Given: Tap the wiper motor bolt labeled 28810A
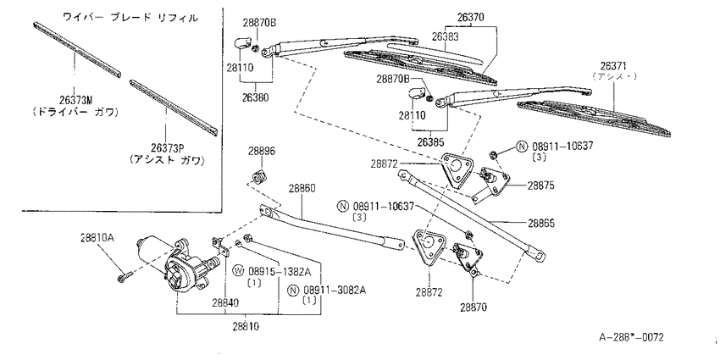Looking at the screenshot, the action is (125, 277).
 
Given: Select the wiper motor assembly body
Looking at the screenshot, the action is (178, 263).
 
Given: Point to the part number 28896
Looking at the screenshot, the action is (263, 152).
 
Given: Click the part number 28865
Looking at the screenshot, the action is (541, 223).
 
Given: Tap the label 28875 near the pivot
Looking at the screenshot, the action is (541, 186).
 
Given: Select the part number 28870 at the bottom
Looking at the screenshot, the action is (474, 307).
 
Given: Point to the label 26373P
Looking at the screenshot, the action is (167, 147).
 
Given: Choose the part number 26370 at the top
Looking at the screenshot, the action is (471, 18).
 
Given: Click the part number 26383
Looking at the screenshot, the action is (445, 36).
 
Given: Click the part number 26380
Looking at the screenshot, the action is (254, 97).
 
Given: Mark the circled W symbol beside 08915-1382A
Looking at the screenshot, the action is (237, 271).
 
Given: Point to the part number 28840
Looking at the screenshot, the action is (225, 302).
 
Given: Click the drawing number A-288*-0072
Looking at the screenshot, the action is (631, 337).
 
